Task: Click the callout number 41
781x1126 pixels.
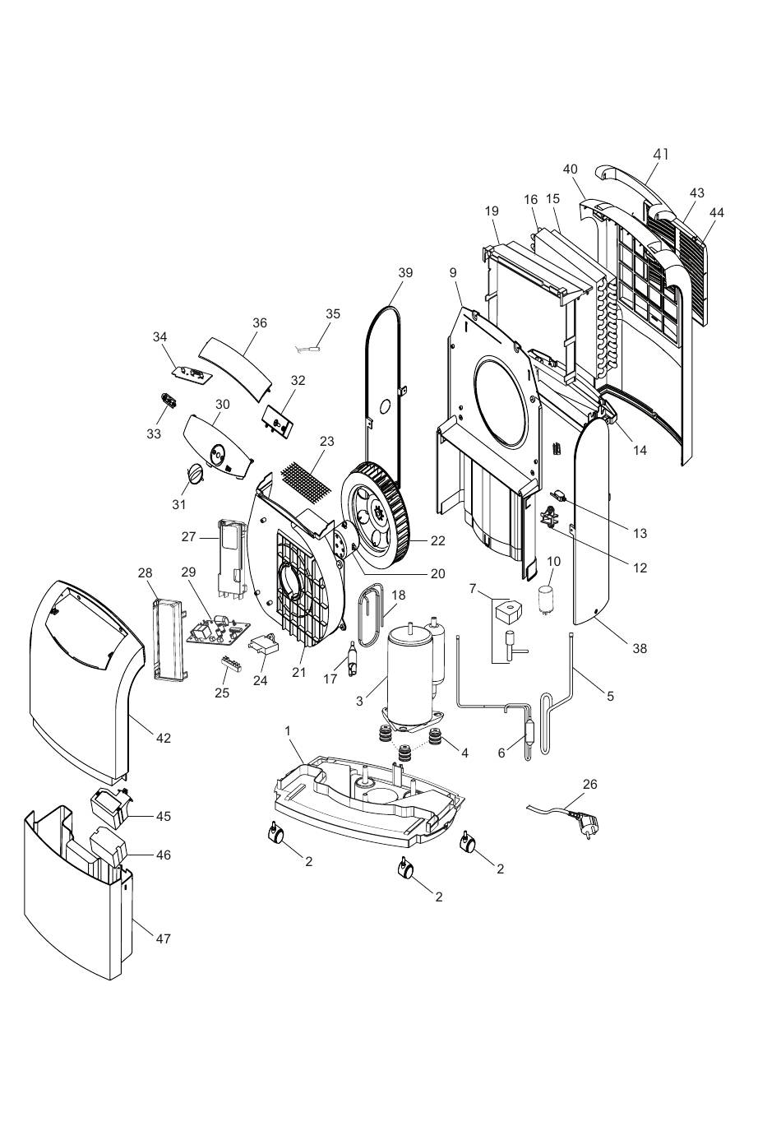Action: [x=660, y=155]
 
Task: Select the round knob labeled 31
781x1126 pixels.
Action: [x=195, y=473]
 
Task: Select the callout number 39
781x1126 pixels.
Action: [x=405, y=272]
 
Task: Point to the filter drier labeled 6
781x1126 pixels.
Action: [x=527, y=730]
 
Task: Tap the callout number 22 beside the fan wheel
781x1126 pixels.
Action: [x=437, y=540]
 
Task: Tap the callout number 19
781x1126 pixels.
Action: [x=492, y=211]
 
